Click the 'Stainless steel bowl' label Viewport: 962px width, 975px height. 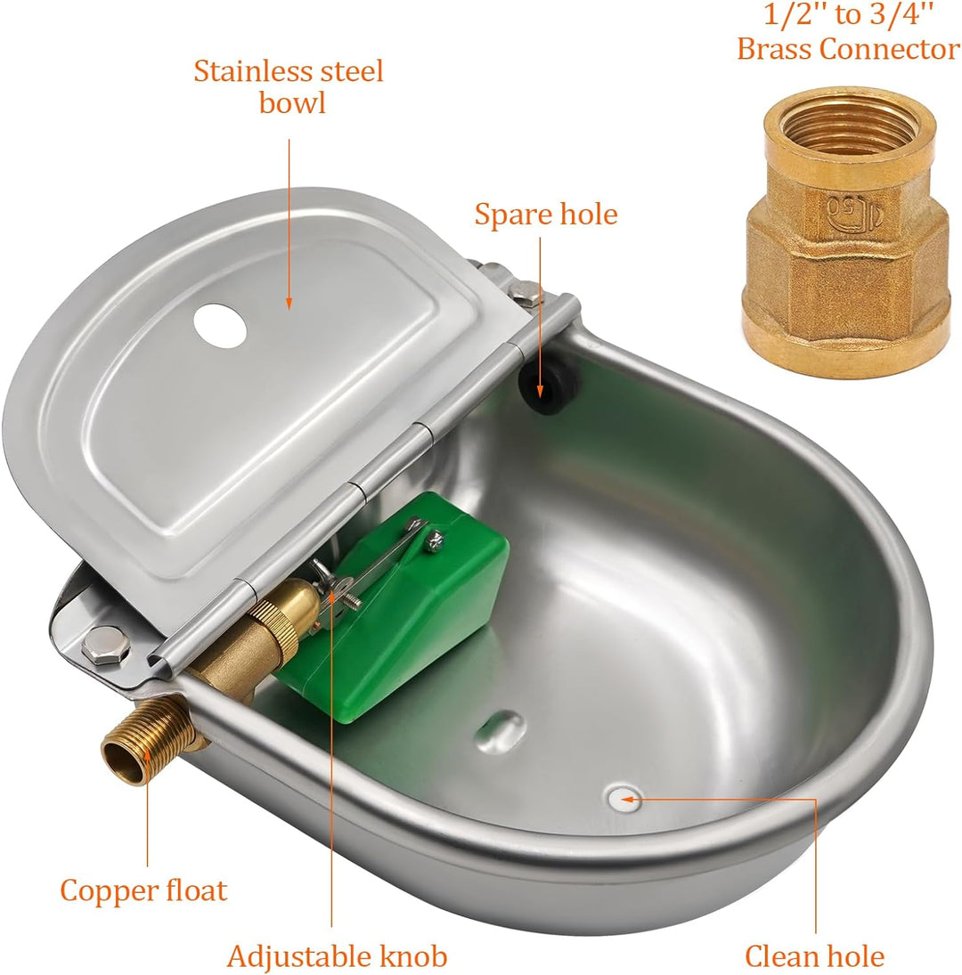coord(289,86)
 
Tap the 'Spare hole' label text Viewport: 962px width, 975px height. coord(545,215)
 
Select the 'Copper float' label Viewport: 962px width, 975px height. coord(143,890)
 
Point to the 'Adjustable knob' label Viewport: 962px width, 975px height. coord(337,956)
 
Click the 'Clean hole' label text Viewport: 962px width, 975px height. coord(814,956)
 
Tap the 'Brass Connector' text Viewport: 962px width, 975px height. coord(847,49)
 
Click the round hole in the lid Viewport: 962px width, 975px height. coord(220,326)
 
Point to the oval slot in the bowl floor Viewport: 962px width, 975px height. coord(495,727)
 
